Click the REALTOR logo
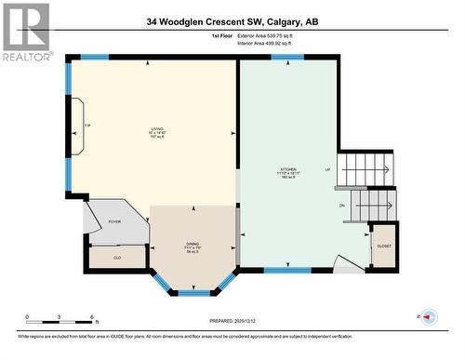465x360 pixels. click(x=25, y=33)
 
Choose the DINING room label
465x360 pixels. click(x=193, y=245)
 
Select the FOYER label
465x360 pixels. click(x=115, y=221)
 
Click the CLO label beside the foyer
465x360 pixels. click(x=117, y=257)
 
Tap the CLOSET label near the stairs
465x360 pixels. click(x=384, y=247)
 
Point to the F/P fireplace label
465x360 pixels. click(x=87, y=125)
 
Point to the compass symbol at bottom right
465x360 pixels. click(x=430, y=318)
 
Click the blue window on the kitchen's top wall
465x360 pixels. click(x=286, y=57)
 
